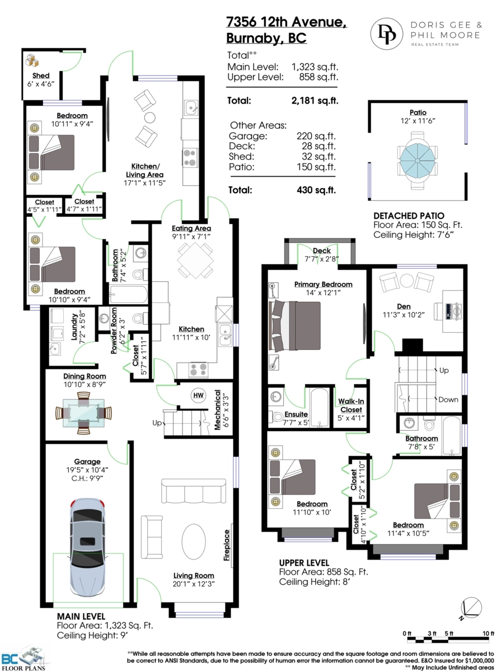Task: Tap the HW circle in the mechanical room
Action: click(x=198, y=395)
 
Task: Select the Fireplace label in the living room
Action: click(x=227, y=545)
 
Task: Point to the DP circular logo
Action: click(x=387, y=34)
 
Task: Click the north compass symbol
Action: click(x=470, y=608)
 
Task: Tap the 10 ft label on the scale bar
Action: click(x=488, y=633)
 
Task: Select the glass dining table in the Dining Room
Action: click(x=83, y=413)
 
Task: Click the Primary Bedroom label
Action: click(x=323, y=284)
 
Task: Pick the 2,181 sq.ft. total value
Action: click(x=315, y=100)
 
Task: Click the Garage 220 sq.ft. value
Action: click(x=316, y=136)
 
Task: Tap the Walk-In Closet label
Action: click(x=351, y=405)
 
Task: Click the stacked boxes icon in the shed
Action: click(x=32, y=60)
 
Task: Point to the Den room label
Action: click(x=404, y=306)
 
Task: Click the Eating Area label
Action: click(x=191, y=228)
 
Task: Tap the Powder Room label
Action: click(x=114, y=330)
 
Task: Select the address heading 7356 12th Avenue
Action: click(x=287, y=22)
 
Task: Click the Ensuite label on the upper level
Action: click(x=296, y=414)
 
